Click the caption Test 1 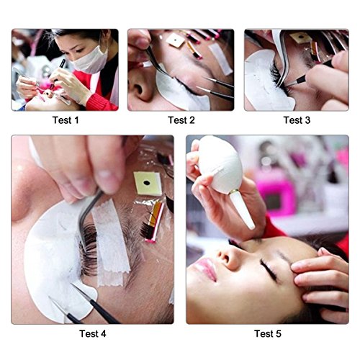(x=66, y=120)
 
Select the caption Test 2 (x=181, y=120)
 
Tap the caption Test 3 (x=297, y=120)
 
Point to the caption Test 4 (x=93, y=333)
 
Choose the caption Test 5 (x=268, y=333)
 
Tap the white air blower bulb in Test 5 (x=220, y=163)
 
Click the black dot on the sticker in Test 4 (x=147, y=183)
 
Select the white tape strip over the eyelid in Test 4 (x=111, y=243)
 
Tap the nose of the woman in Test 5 (x=228, y=256)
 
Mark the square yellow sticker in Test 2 (x=176, y=40)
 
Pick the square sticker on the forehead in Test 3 (x=300, y=37)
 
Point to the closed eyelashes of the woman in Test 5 (x=269, y=269)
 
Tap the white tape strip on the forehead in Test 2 (x=221, y=59)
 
